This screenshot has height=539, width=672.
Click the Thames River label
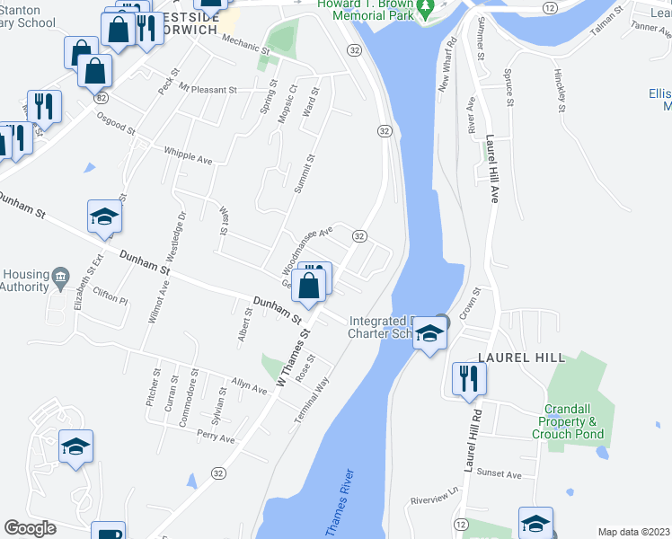pyautogui.click(x=340, y=505)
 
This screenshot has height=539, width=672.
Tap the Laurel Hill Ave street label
pyautogui.click(x=491, y=170)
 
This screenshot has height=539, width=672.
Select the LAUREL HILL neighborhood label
pyautogui.click(x=521, y=358)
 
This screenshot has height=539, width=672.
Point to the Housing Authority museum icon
pyautogui.click(x=60, y=276)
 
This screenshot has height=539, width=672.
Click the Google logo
pyautogui.click(x=30, y=528)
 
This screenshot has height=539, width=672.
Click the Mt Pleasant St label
pyautogui.click(x=208, y=90)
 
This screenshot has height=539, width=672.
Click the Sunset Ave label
pyautogui.click(x=500, y=473)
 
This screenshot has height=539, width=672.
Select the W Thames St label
pyautogui.click(x=293, y=357)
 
